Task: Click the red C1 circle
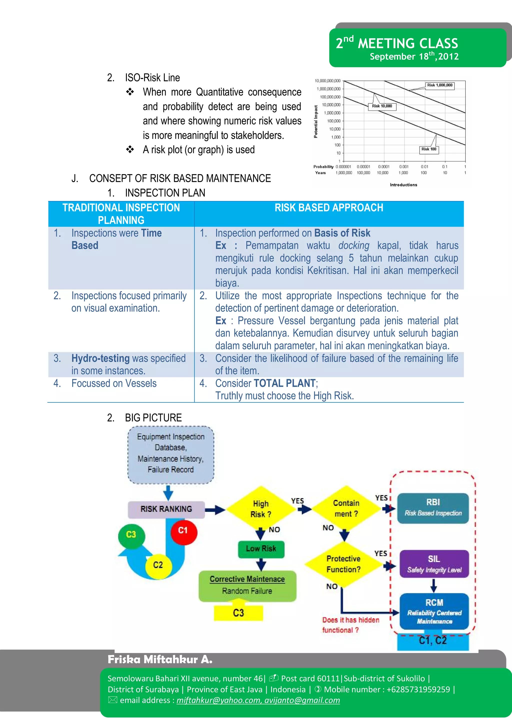(184, 531)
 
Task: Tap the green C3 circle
(131, 535)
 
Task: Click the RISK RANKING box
(166, 509)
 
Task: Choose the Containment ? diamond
(346, 508)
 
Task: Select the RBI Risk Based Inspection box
(433, 508)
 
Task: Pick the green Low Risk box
(261, 549)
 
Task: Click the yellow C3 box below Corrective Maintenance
(238, 613)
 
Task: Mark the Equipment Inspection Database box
(170, 454)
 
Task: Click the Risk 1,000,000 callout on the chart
(440, 85)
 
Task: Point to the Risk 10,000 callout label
(382, 106)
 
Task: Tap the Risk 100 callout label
(429, 149)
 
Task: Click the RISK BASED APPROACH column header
(329, 208)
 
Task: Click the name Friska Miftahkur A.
(160, 659)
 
